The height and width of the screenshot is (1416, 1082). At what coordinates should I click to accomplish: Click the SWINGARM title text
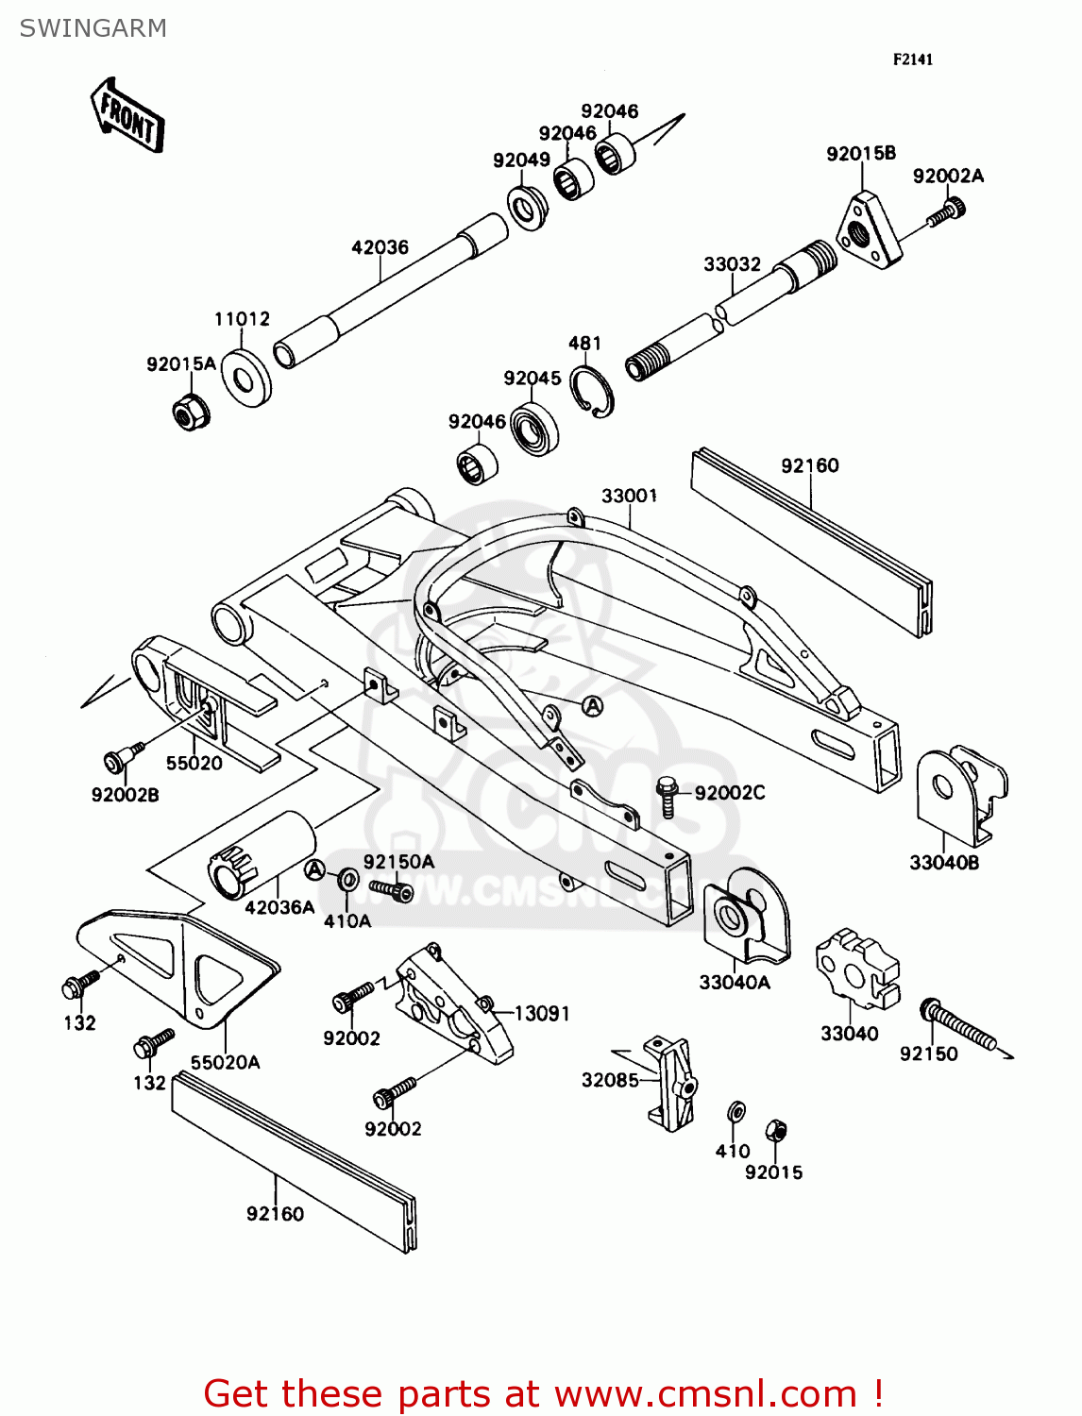click(x=93, y=28)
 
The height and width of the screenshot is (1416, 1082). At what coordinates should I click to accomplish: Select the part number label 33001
click(x=629, y=496)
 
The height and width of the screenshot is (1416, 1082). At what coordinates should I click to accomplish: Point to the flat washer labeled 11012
click(x=245, y=379)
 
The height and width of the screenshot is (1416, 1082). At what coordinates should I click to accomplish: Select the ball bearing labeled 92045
click(x=534, y=428)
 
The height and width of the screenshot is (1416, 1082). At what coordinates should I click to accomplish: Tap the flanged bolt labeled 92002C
click(x=668, y=796)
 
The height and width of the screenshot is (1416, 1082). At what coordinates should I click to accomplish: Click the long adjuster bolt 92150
click(x=957, y=1026)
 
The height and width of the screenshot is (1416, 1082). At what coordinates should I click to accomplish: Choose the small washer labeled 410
click(x=736, y=1111)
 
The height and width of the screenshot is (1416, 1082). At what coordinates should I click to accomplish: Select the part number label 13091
click(x=542, y=1013)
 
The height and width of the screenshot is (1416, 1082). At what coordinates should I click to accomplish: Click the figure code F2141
click(x=913, y=59)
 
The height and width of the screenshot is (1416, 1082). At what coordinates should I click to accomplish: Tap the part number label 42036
click(x=380, y=247)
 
